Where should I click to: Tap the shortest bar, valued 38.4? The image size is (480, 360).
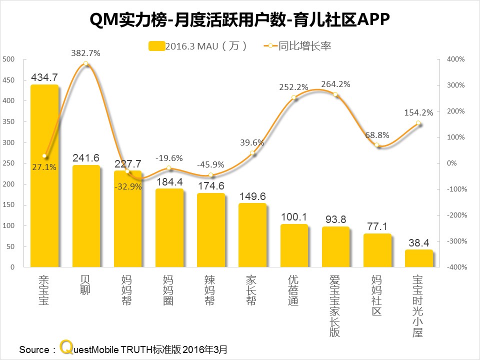pos(419,258)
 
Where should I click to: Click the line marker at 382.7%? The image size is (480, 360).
pos(86,63)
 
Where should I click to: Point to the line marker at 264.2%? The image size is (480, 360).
pos(335,95)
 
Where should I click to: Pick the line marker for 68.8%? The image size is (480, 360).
pos(377,145)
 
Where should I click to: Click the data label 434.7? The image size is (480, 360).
pos(44,77)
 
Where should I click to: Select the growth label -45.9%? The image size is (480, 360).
pos(210,164)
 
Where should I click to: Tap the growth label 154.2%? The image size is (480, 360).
pos(419,112)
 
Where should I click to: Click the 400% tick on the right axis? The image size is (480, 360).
pos(456,59)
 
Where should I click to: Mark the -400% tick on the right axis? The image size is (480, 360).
pos(456,267)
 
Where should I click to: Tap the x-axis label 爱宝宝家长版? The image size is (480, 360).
pos(335,305)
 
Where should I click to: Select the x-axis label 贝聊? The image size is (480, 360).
pos(86,284)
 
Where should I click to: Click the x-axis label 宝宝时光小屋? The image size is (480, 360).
pos(419,305)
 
